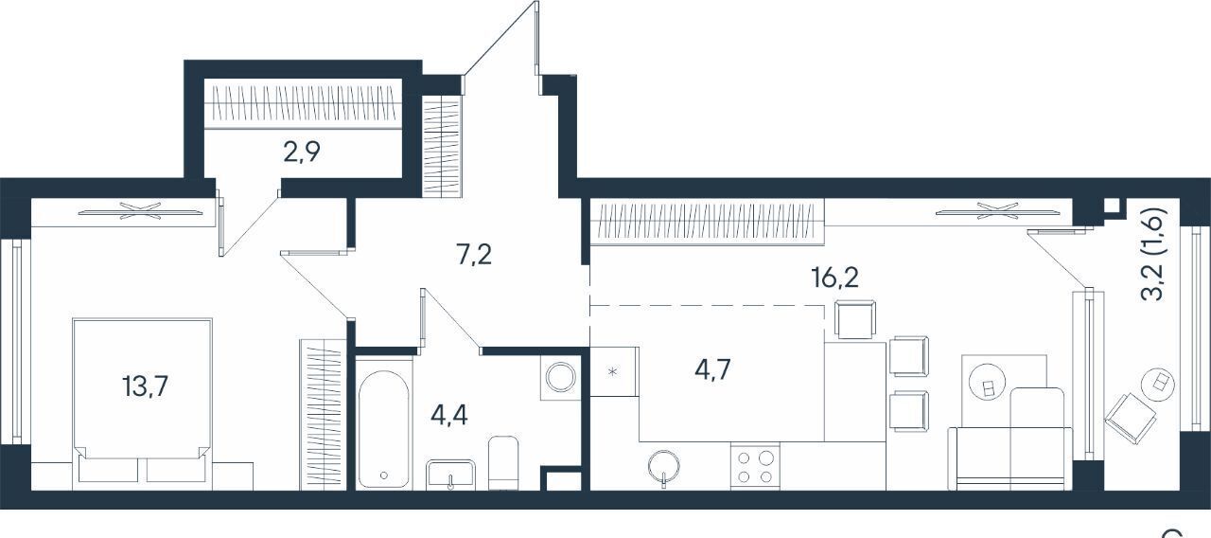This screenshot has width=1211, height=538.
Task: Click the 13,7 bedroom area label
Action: [x=146, y=387]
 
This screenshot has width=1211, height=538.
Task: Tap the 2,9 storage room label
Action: [x=302, y=152]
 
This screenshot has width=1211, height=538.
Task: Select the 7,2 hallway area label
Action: [x=474, y=255]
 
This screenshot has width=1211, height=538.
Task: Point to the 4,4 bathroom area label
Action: [x=449, y=416]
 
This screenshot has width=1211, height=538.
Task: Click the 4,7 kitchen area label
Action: [x=712, y=369]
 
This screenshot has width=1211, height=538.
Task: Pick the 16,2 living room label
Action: [x=835, y=278]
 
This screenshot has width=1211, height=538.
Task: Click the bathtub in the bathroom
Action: [x=383, y=429]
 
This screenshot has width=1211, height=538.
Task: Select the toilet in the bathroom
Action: [x=502, y=463]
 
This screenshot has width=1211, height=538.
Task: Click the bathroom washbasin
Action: [x=450, y=475]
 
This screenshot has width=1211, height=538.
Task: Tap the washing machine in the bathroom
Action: [x=561, y=377]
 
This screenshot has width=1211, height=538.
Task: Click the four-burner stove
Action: [x=755, y=466]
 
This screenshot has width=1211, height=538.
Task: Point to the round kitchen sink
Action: [x=664, y=466]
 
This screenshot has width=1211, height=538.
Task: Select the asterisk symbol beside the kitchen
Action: [x=612, y=371]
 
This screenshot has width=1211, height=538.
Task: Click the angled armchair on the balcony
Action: [x=1131, y=419]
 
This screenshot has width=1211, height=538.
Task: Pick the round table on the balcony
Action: [x=1157, y=385]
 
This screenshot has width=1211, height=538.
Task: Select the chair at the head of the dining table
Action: [x=855, y=319]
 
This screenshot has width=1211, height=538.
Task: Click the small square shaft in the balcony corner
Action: [x=1112, y=206]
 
